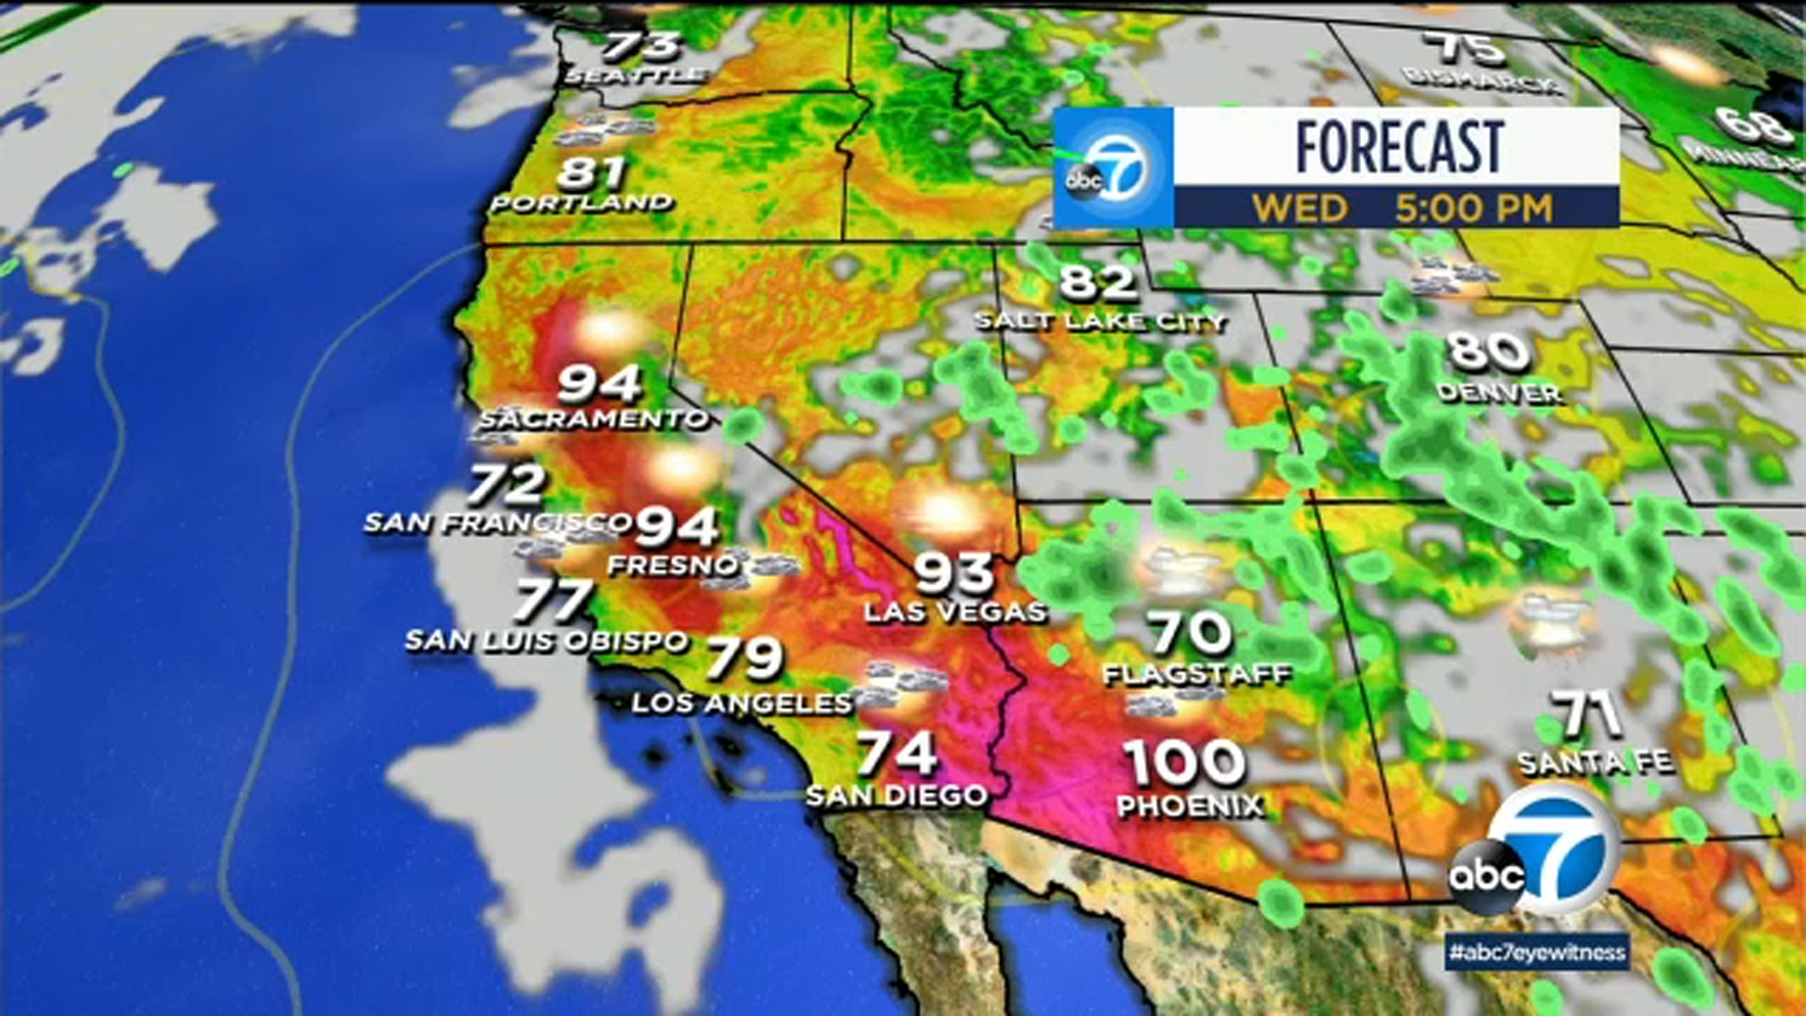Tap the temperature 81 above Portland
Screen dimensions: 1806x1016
click(x=591, y=173)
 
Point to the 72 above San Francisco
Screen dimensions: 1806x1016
click(x=506, y=484)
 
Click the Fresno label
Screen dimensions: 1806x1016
click(x=673, y=565)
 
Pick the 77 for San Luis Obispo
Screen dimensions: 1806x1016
click(x=554, y=599)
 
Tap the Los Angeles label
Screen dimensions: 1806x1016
click(x=741, y=703)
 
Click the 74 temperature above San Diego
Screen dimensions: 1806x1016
click(x=896, y=753)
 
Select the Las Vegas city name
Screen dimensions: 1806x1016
click(x=955, y=611)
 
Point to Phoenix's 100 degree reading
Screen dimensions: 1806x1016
click(x=1185, y=762)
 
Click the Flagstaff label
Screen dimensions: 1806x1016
click(x=1197, y=675)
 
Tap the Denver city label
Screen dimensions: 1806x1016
click(x=1499, y=392)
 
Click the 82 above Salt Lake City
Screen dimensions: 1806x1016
click(x=1098, y=281)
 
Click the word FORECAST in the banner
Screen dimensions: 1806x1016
click(x=1400, y=147)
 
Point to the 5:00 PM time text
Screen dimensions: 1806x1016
click(x=1473, y=208)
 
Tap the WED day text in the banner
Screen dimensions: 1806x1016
click(x=1300, y=208)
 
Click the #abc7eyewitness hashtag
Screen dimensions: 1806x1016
click(x=1537, y=952)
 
